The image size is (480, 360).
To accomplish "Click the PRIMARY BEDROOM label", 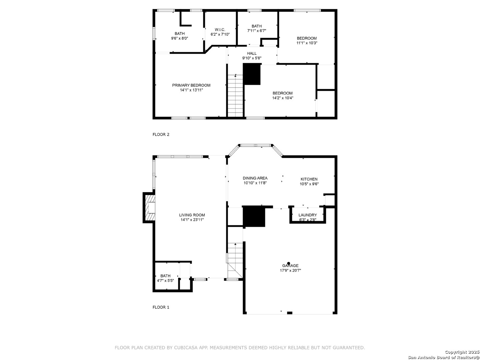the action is [x=191, y=85].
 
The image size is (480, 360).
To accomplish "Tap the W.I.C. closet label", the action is [x=220, y=30].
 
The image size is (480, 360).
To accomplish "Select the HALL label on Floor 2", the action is [x=252, y=53].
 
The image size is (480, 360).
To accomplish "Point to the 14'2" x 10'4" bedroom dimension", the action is [x=283, y=98].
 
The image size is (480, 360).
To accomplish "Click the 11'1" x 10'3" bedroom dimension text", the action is [x=307, y=43].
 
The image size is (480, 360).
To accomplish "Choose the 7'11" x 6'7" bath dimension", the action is [x=257, y=31].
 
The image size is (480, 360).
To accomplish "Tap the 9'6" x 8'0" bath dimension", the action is [x=180, y=38].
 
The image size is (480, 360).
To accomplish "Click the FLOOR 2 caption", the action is [x=161, y=134].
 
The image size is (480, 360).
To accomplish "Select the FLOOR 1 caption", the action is [x=161, y=307].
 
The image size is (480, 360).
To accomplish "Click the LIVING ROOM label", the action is [x=192, y=215].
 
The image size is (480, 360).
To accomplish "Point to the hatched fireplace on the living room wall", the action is [x=149, y=208].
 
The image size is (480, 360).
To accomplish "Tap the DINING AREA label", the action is [x=255, y=178].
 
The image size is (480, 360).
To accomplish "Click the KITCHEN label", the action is [x=309, y=179].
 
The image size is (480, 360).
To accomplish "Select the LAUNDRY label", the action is [x=307, y=215].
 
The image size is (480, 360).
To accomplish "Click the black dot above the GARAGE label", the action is [x=288, y=263].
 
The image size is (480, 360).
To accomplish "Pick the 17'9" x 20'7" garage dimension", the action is [x=290, y=270].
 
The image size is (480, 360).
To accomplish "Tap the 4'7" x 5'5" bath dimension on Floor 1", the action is [x=165, y=281].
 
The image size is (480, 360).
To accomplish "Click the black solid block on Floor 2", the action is [x=252, y=74].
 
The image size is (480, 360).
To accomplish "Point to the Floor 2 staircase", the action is [x=235, y=96].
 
